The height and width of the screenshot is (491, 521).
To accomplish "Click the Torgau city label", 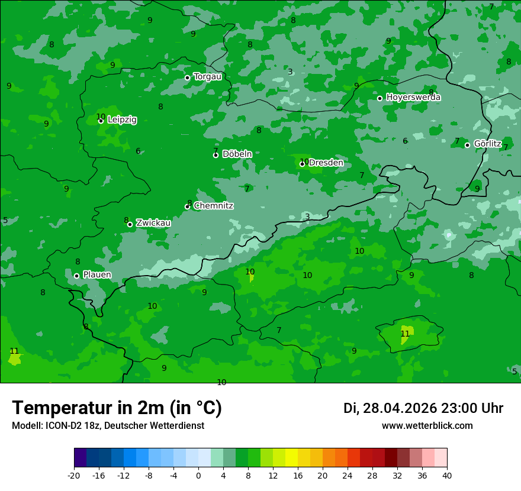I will [207, 76].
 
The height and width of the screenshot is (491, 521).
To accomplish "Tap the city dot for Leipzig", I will [101, 121].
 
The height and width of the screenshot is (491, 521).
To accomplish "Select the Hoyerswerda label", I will [413, 97].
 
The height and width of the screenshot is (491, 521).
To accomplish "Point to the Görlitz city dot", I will [467, 145].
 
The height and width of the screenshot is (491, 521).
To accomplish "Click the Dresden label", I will [326, 163].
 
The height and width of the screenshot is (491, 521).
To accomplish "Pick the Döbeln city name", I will [237, 154].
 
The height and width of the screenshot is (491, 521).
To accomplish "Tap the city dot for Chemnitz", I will [187, 206].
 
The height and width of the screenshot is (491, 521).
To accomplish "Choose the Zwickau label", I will [153, 223].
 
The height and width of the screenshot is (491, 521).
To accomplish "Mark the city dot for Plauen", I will [76, 276].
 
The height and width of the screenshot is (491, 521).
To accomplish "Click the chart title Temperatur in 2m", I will [117, 408].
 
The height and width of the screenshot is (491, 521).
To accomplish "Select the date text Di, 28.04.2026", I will [390, 408].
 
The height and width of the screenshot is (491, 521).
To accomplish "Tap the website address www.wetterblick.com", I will [427, 426].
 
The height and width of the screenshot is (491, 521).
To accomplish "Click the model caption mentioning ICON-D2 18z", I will [108, 426].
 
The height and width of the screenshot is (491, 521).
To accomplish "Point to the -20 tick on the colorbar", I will [74, 475].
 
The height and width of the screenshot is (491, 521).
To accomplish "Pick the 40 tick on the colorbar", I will [446, 475].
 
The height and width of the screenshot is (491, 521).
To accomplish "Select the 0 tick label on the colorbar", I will [198, 475].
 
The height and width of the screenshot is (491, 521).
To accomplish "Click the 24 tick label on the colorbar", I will [347, 475].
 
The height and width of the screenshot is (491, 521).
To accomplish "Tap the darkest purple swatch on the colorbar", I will [80, 458].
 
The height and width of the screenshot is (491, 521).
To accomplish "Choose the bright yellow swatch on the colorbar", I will [291, 458].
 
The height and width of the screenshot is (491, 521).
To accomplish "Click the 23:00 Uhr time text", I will [473, 408].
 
